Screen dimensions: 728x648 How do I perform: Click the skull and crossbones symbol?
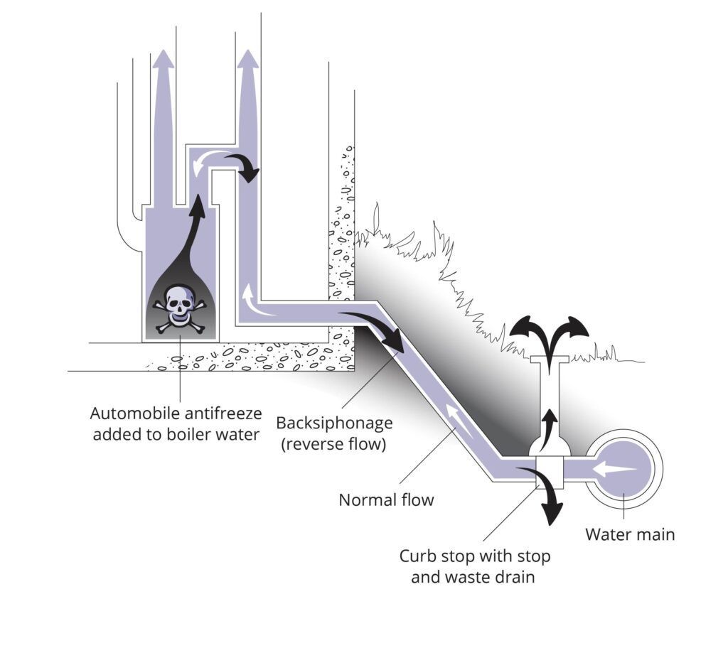179,308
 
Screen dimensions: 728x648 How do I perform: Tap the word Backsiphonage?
334,423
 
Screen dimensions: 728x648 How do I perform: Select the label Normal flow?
386,500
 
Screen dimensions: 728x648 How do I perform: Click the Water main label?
630,534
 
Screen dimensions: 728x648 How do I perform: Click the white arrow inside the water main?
615,469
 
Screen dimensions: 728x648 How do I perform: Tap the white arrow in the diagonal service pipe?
461,421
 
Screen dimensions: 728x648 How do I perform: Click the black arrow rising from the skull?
191,237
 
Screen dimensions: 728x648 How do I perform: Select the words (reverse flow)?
334,444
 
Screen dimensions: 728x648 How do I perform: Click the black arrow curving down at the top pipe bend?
244,166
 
